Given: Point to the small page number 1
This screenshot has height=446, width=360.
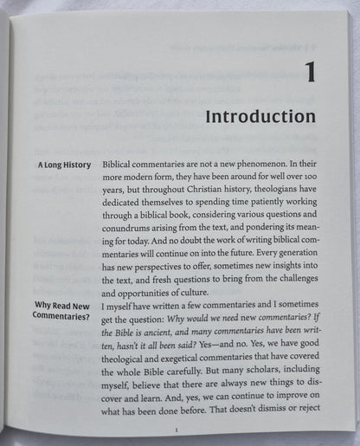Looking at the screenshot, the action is [x=177, y=429].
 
